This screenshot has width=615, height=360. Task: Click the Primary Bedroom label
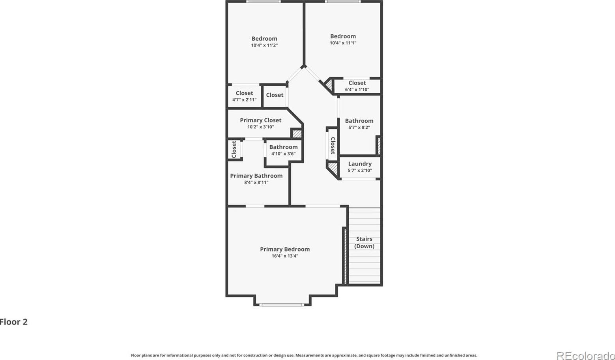(x=285, y=249)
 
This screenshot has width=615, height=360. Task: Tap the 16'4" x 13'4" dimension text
(x=285, y=256)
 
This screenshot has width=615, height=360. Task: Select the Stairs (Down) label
(x=365, y=242)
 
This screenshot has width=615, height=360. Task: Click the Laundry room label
(x=360, y=164)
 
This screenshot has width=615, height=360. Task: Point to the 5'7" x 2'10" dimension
(x=360, y=171)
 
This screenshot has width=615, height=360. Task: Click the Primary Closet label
(x=260, y=120)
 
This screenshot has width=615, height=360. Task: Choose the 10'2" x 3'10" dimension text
(x=260, y=127)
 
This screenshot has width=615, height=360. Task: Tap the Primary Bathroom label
(x=256, y=176)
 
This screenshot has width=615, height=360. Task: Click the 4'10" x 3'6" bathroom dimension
(x=283, y=154)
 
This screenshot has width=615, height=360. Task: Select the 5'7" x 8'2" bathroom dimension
(x=359, y=127)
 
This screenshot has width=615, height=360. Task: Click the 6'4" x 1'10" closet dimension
(x=357, y=90)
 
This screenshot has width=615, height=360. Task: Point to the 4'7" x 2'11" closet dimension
(x=244, y=100)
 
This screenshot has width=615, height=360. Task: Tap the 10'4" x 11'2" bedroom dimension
(x=264, y=45)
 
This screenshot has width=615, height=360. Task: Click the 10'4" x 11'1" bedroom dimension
(x=343, y=43)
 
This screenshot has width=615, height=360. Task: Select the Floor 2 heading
(x=14, y=322)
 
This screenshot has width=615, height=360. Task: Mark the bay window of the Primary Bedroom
(x=282, y=304)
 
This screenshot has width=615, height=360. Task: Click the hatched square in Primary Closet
(x=297, y=134)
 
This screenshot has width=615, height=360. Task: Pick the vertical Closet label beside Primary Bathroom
(x=234, y=149)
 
